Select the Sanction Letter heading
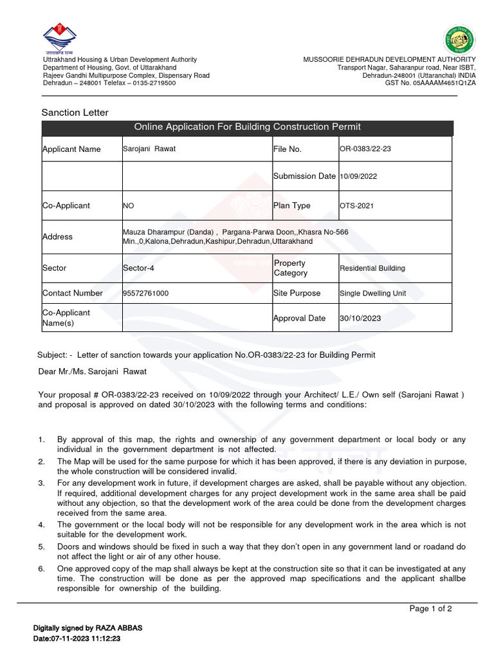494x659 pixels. point(75,113)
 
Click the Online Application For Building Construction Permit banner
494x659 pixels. point(247,127)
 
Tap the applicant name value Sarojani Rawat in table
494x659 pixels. point(149,149)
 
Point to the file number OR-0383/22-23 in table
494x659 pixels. point(365,149)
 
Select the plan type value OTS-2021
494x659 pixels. point(357,206)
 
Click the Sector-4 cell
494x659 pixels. point(140,268)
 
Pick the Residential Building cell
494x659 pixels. point(372,268)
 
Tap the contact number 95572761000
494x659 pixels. point(145,293)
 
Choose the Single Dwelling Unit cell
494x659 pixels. point(373,293)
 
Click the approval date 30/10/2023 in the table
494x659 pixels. point(360,319)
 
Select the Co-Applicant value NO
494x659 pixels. point(129,206)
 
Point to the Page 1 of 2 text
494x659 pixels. point(431,609)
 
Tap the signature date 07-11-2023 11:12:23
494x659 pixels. point(77,639)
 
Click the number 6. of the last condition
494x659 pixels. point(41,569)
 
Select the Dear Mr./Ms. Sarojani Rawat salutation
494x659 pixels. point(93,371)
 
